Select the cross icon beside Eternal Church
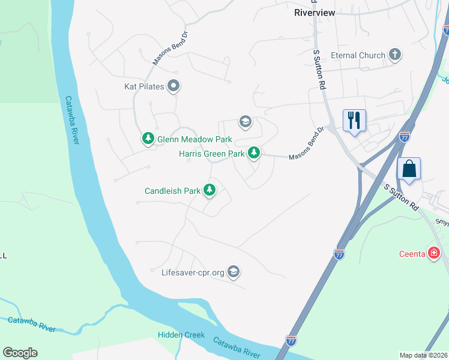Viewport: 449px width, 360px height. coord(395,55)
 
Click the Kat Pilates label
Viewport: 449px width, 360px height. coord(144,87)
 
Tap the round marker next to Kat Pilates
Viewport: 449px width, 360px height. coord(173,86)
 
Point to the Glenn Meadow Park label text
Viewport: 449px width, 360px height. coord(194,139)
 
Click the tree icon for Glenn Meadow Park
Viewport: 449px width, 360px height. coord(148,139)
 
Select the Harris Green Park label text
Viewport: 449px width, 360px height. coord(212,154)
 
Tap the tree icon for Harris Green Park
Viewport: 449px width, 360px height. coord(255,154)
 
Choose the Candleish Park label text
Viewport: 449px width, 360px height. coord(172,191)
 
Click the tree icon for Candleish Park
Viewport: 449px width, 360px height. coord(209,191)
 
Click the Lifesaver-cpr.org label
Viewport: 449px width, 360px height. coord(193,272)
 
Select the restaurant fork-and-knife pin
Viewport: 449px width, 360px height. coord(354,120)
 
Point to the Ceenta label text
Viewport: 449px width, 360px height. coord(412,254)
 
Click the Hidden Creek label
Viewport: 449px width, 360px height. coord(181,335)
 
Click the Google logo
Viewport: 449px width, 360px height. coord(20,353)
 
